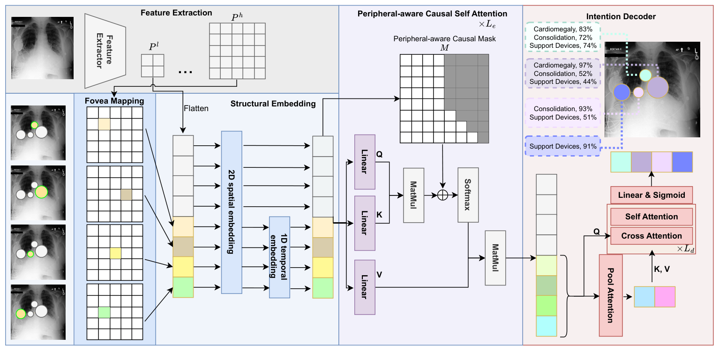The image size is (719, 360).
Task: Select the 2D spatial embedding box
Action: [x=232, y=212]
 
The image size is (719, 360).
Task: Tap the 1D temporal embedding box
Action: [x=279, y=257]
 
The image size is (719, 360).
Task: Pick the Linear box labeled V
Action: [x=365, y=286]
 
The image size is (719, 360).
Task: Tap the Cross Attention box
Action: [x=651, y=236]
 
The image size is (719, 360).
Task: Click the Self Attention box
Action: [x=651, y=217]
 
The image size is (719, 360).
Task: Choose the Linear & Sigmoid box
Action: [x=651, y=195]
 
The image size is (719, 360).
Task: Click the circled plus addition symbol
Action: [x=442, y=195]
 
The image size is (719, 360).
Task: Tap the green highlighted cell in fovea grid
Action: [x=104, y=312]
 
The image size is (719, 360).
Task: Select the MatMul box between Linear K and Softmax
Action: [x=413, y=195]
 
